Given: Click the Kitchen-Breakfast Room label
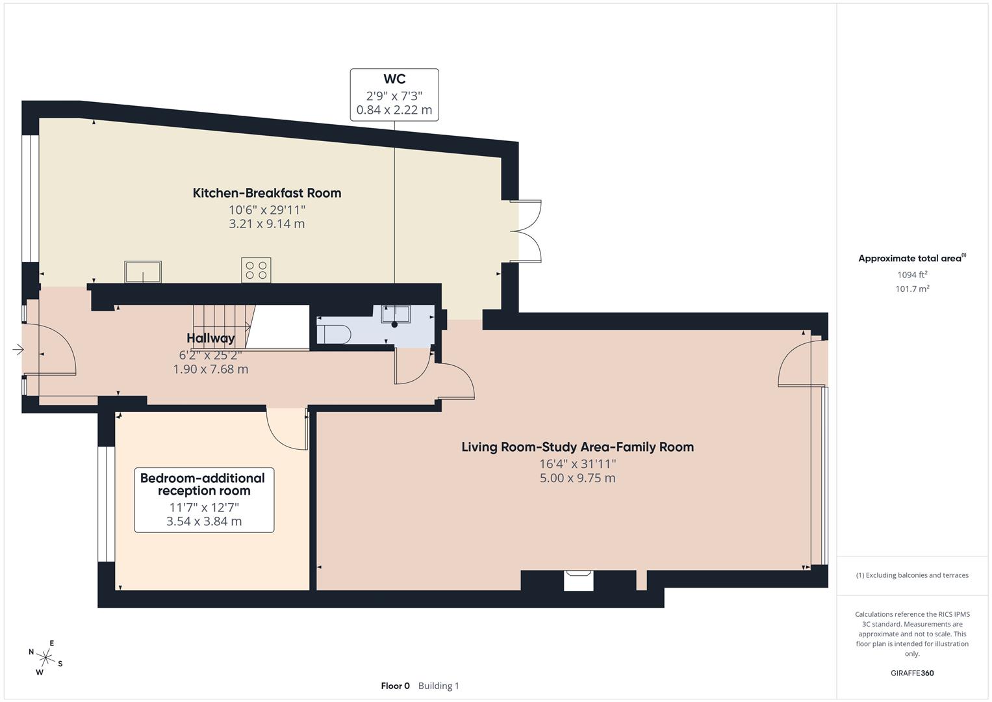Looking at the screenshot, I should tap(266, 193).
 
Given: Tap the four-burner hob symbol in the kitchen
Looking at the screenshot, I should tap(256, 270).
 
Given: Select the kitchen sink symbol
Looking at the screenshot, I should tap(143, 272).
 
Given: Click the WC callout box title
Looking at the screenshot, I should tap(394, 79).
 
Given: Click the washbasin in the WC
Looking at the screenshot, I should tap(395, 313).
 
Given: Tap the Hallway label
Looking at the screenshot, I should tap(210, 338).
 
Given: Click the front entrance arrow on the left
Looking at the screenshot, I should tap(18, 350).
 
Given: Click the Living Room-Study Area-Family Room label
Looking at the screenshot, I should tap(577, 447).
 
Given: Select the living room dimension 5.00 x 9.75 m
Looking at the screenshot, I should tap(577, 478).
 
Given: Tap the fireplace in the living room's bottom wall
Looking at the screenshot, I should tap(578, 580).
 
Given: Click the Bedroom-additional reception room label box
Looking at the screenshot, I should tap(203, 499).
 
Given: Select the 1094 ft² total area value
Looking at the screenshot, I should tap(912, 274).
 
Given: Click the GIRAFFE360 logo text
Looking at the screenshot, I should tap(912, 673).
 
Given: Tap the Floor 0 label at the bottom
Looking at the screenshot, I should tap(395, 686).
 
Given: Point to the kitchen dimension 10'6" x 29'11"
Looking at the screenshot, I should tap(266, 210).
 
